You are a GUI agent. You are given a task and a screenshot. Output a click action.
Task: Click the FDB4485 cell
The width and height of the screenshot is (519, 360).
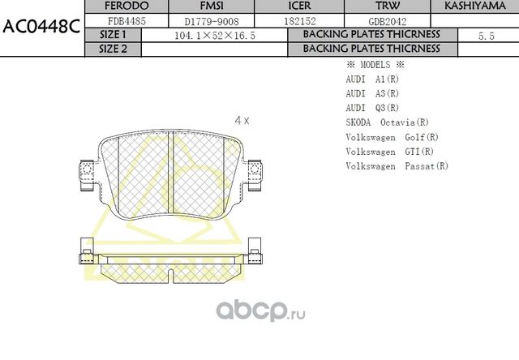126,21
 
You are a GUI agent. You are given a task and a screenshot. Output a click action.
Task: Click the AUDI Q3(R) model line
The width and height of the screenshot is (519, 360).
372,108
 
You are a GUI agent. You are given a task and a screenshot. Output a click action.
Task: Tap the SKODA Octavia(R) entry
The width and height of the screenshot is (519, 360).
387,122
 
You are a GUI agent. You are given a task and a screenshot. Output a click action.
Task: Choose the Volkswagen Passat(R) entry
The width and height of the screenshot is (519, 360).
397,166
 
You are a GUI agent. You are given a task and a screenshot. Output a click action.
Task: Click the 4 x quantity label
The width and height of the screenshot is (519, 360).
242,120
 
